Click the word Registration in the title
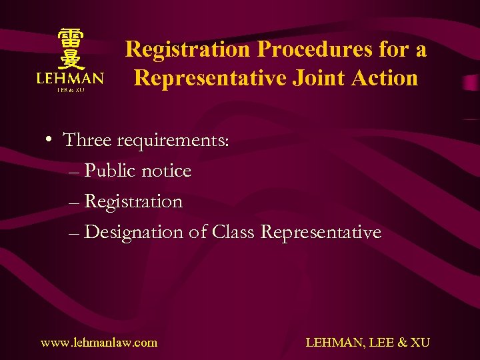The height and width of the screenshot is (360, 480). click(x=187, y=49)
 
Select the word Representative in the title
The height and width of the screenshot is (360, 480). click(x=209, y=78)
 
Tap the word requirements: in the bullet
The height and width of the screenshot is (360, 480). click(x=173, y=141)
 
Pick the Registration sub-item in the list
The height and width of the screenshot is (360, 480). click(x=133, y=202)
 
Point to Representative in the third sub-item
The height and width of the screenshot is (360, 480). click(x=321, y=233)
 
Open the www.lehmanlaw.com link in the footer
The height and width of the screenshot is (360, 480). click(x=99, y=343)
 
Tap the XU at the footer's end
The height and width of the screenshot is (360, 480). click(x=420, y=343)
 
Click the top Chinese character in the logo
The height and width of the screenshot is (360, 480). click(x=69, y=38)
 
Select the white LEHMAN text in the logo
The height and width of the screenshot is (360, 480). click(x=70, y=79)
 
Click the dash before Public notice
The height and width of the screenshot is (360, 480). click(x=73, y=172)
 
